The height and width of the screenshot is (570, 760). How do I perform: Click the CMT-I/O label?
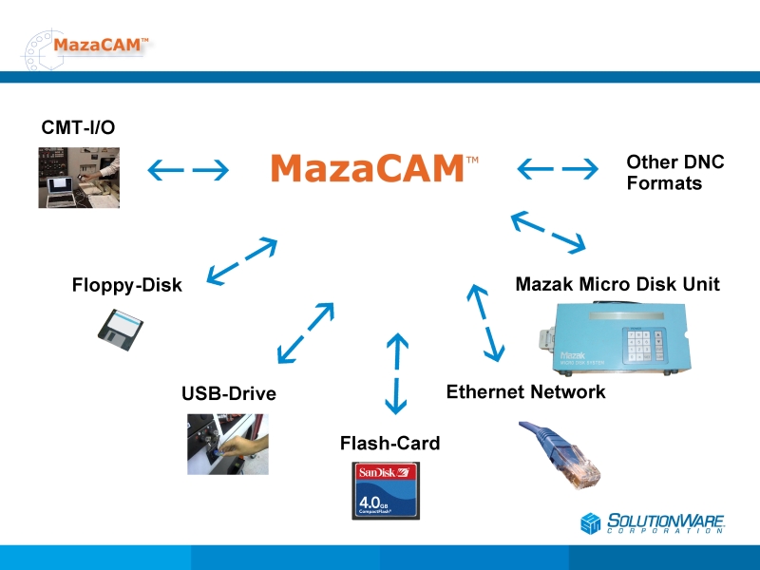point(78,126)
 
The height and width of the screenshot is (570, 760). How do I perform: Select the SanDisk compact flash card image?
point(386,490)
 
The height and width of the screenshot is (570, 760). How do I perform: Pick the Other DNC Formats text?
point(674,173)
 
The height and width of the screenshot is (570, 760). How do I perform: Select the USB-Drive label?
point(229,393)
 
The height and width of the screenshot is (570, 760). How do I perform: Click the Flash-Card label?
point(389,443)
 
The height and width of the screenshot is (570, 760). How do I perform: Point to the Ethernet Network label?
point(525,391)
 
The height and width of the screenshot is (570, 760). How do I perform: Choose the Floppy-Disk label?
point(126,285)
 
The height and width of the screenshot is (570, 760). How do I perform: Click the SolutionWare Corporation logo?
point(654,522)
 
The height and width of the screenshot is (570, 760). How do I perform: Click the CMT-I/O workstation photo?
point(79,178)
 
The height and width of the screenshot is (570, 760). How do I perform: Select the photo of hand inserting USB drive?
point(228,444)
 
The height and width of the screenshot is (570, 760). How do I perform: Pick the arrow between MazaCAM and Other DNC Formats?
point(558,170)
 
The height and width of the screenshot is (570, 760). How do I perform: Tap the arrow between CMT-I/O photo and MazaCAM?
point(188,170)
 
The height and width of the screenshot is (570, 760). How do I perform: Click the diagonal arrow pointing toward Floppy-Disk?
point(242,261)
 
